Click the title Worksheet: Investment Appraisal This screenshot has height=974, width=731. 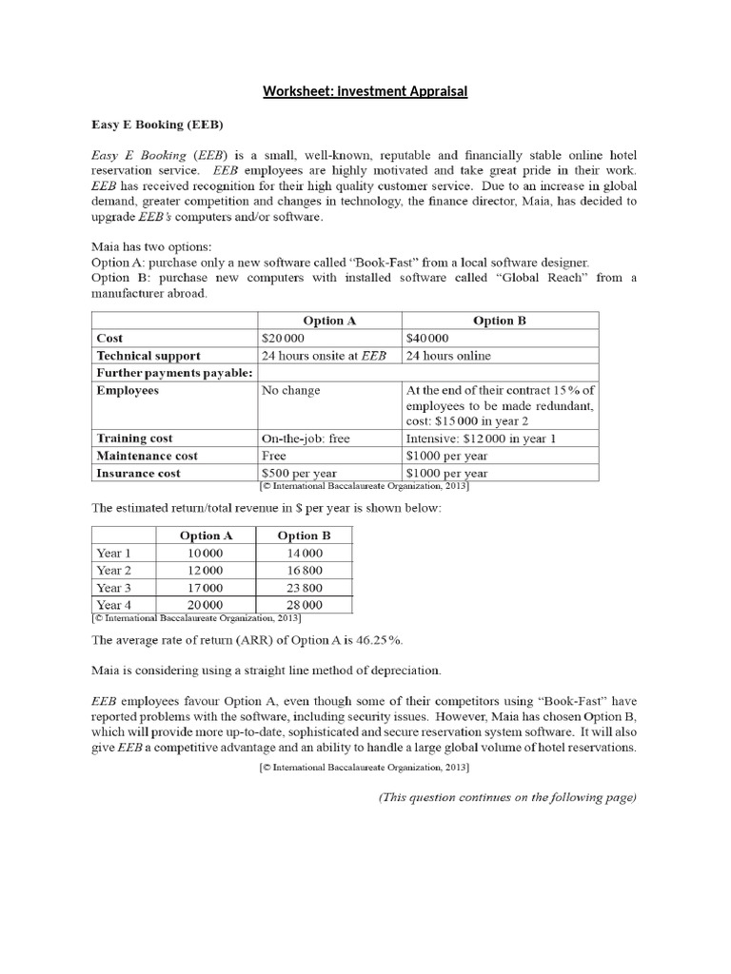pyautogui.click(x=365, y=91)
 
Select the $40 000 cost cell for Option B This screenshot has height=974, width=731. pyautogui.click(x=427, y=338)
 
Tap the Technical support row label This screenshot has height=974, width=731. pyautogui.click(x=148, y=356)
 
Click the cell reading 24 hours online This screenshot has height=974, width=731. pyautogui.click(x=449, y=356)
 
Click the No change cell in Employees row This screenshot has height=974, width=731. pyautogui.click(x=291, y=391)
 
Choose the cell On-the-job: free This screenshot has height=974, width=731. pyautogui.click(x=305, y=438)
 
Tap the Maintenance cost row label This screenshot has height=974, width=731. pyautogui.click(x=148, y=456)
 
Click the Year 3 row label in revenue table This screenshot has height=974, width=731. pyautogui.click(x=114, y=588)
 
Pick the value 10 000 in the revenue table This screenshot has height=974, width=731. pyautogui.click(x=206, y=554)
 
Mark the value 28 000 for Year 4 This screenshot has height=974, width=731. pyautogui.click(x=305, y=605)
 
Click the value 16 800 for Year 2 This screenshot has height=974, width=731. pyautogui.click(x=305, y=571)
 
